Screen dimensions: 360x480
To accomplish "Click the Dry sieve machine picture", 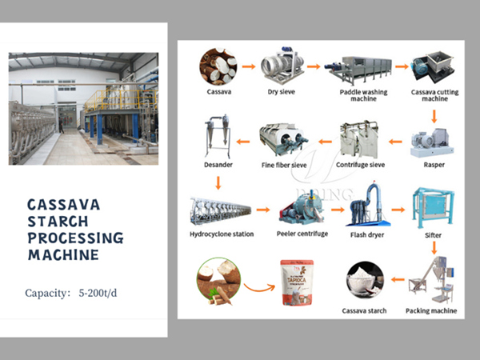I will point(282,66).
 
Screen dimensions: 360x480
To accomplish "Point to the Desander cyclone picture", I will point(214,137).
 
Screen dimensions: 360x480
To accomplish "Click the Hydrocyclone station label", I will point(222,234).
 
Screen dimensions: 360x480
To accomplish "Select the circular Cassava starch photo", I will point(363,280).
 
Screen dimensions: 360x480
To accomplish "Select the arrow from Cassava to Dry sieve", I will point(249,66).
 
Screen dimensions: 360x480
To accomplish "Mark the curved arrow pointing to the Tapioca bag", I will point(260,285).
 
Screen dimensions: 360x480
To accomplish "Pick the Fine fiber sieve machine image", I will point(284,142).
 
